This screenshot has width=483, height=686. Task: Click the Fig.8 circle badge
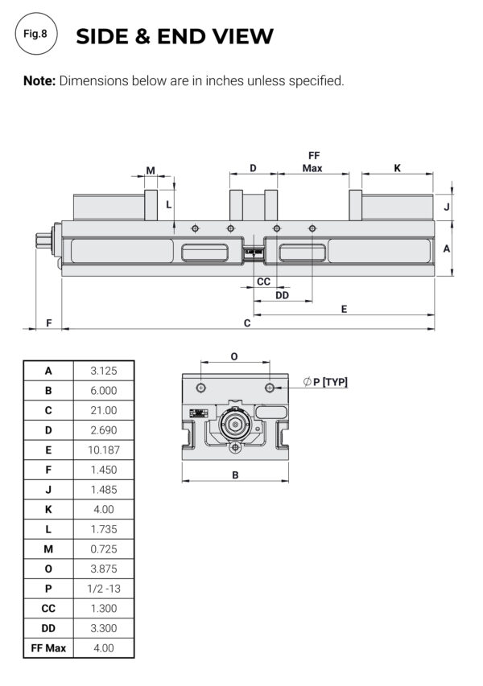pyautogui.click(x=36, y=36)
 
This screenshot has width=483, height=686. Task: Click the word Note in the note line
pyautogui.click(x=38, y=81)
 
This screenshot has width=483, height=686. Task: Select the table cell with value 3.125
pyautogui.click(x=104, y=371)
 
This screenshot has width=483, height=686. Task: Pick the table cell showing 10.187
pyautogui.click(x=104, y=450)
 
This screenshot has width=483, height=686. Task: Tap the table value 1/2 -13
pyautogui.click(x=104, y=589)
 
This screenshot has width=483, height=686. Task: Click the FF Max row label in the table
pyautogui.click(x=48, y=648)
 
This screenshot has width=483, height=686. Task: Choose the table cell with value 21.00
pyautogui.click(x=104, y=410)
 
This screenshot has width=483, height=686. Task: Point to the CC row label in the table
pyautogui.click(x=48, y=609)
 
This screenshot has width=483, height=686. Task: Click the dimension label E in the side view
pyautogui.click(x=345, y=309)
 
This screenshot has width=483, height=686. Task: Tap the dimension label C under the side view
pyautogui.click(x=247, y=323)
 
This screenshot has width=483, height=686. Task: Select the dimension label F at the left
pyautogui.click(x=48, y=323)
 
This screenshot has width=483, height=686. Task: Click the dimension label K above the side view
pyautogui.click(x=397, y=168)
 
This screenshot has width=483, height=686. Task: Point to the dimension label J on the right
pyautogui.click(x=446, y=207)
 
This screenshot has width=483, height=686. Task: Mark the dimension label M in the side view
pyautogui.click(x=151, y=170)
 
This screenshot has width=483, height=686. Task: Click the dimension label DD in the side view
pyautogui.click(x=282, y=295)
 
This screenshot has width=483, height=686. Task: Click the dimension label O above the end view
pyautogui.click(x=234, y=356)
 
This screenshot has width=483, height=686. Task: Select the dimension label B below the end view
pyautogui.click(x=235, y=474)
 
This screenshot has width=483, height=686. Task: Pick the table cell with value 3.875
pyautogui.click(x=104, y=569)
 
